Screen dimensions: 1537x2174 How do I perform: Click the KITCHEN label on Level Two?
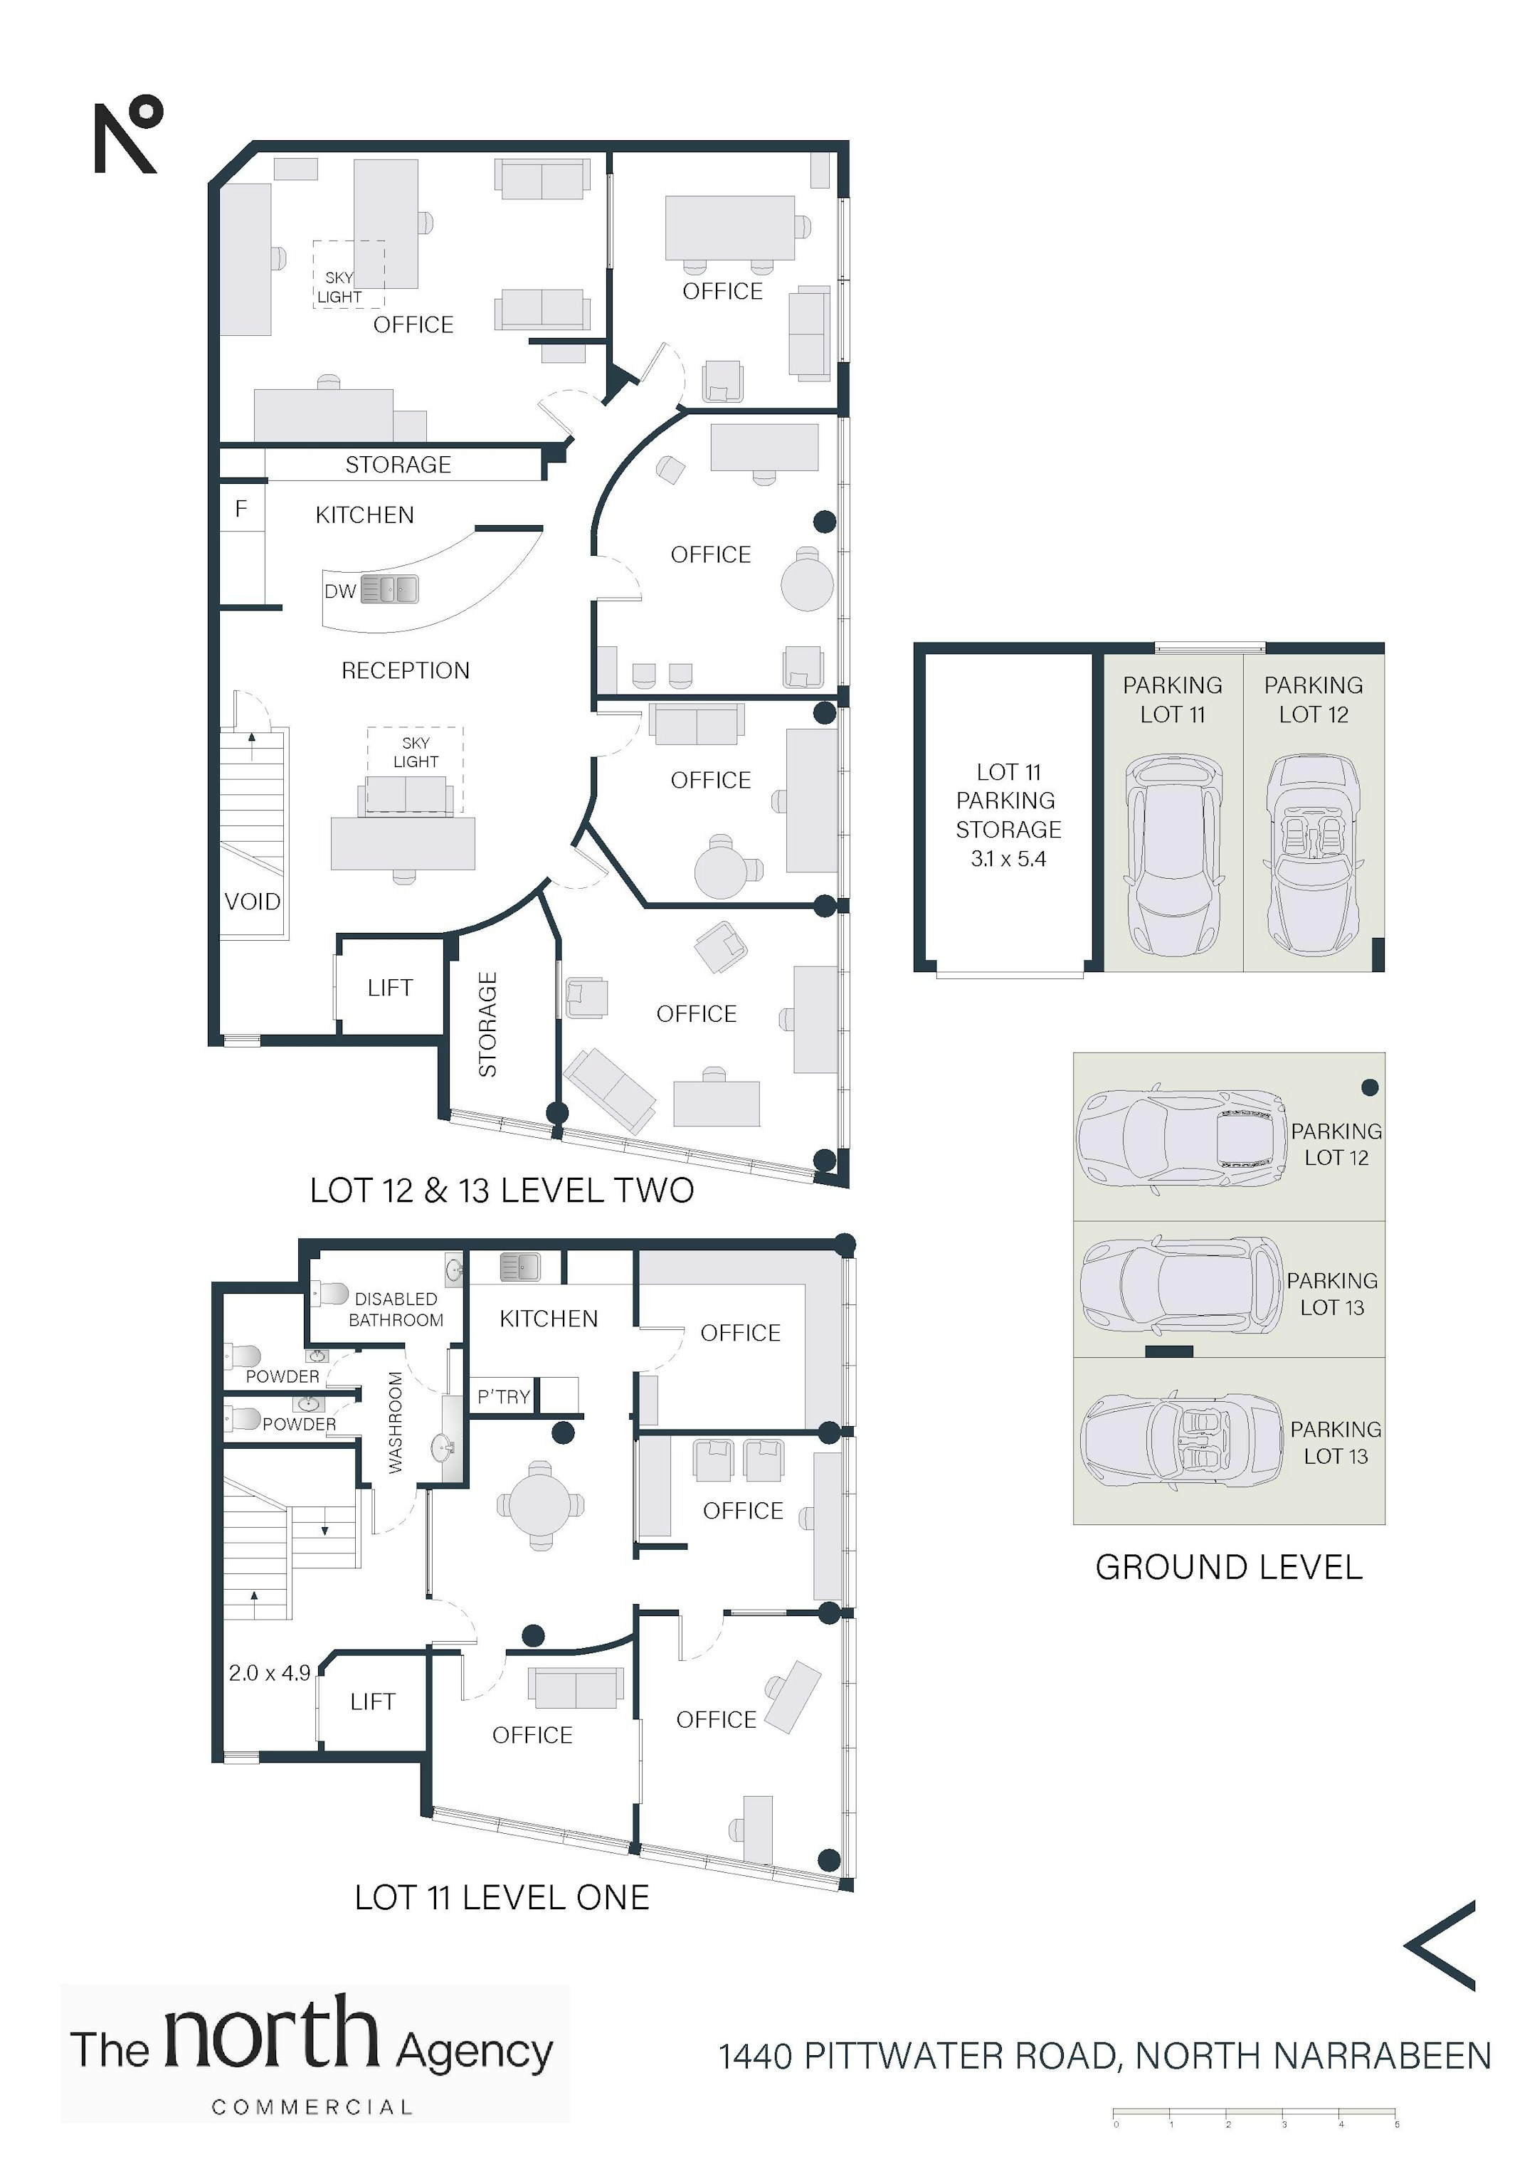pyautogui.click(x=364, y=515)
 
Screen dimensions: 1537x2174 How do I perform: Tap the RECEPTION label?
pyautogui.click(x=406, y=670)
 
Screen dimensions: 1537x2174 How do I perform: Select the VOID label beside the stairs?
pyautogui.click(x=252, y=902)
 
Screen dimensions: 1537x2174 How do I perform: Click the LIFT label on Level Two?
pyautogui.click(x=390, y=988)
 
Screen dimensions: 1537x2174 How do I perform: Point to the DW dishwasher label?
pyautogui.click(x=340, y=592)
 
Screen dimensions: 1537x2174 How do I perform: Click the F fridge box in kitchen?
pyautogui.click(x=241, y=509)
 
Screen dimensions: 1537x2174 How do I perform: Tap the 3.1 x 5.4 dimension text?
pyautogui.click(x=1008, y=859)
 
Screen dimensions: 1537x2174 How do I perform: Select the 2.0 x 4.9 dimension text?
pyautogui.click(x=270, y=1673)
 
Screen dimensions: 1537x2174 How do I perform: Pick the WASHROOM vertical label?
pyautogui.click(x=396, y=1423)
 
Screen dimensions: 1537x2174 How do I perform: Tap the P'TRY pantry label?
pyautogui.click(x=504, y=1397)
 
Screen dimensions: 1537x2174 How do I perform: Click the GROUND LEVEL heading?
pyautogui.click(x=1229, y=1567)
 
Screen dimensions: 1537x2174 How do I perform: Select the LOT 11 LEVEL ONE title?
pyautogui.click(x=502, y=1897)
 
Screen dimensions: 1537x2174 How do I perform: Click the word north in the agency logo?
pyautogui.click(x=272, y=2032)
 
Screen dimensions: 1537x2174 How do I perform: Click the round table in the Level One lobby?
pyautogui.click(x=541, y=1504)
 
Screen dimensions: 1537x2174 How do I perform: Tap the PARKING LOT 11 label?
pyautogui.click(x=1173, y=700)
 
